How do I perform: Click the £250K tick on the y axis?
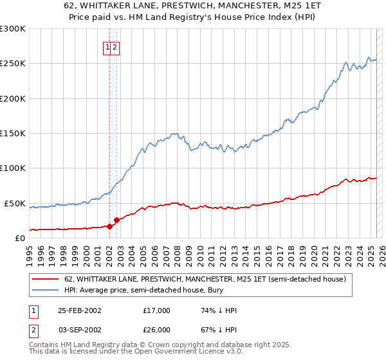[x=13, y=64]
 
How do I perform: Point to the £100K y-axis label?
[x=13, y=168]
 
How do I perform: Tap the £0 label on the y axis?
[x=19, y=238]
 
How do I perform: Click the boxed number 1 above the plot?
[x=107, y=46]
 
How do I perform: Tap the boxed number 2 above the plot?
[x=115, y=46]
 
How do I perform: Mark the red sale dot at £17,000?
[x=110, y=226]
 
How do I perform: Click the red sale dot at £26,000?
[x=116, y=220]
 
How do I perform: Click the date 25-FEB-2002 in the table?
[x=80, y=310]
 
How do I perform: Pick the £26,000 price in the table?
[x=157, y=329]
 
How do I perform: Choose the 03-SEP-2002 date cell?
[x=80, y=329]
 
